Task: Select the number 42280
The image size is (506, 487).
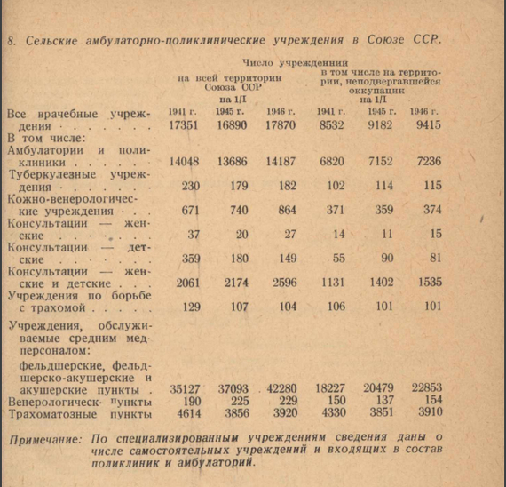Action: click(284, 388)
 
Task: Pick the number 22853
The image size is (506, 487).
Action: click(423, 388)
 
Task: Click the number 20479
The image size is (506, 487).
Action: click(377, 388)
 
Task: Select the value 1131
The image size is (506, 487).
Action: click(333, 282)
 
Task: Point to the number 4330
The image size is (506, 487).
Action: click(333, 413)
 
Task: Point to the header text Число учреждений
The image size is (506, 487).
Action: click(301, 64)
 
